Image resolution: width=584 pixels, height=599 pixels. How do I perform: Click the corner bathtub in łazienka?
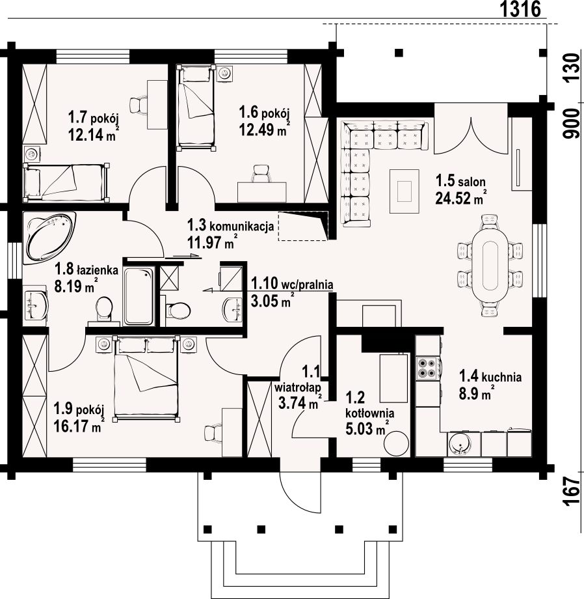click(49, 238)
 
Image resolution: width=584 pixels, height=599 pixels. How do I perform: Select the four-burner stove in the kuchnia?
click(427, 367)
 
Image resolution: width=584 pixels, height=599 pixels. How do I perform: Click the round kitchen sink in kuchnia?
click(461, 444)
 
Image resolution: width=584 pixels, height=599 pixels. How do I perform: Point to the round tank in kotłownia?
click(396, 443)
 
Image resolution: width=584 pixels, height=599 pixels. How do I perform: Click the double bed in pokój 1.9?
click(146, 378)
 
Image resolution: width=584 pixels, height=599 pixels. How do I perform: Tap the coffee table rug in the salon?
click(405, 191)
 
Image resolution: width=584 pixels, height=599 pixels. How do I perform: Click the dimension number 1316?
click(520, 9)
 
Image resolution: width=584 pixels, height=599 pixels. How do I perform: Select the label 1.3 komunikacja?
click(230, 225)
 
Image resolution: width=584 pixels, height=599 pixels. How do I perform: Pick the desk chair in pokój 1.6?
click(261, 173)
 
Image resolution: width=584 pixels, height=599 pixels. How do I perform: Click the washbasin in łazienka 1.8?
click(36, 305)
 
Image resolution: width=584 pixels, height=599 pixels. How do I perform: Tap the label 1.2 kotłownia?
click(369, 405)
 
